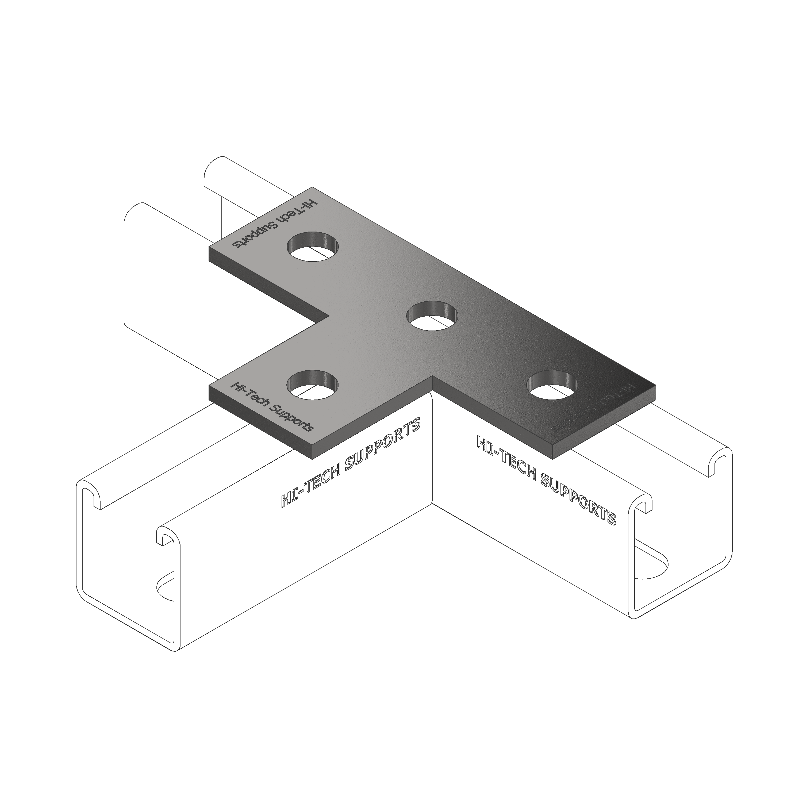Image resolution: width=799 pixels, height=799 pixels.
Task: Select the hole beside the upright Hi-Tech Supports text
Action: [313, 385]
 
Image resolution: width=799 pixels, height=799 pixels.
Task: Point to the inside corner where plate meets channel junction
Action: [433, 377]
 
